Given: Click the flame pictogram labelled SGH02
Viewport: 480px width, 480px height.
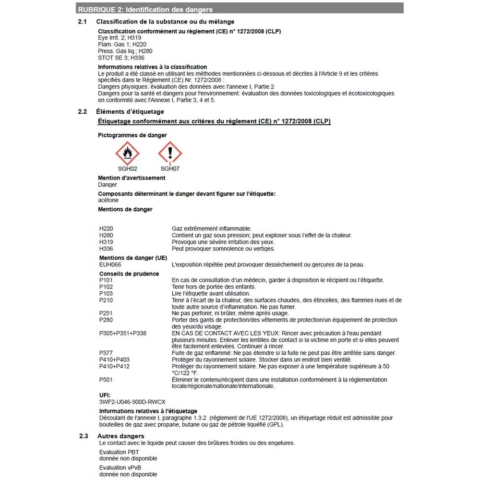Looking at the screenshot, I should coord(128,154).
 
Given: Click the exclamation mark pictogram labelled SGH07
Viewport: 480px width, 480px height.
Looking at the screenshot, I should coord(170,154).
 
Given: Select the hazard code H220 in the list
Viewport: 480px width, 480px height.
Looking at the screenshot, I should coord(106,228).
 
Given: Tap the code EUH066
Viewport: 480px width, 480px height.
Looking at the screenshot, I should coord(110,264).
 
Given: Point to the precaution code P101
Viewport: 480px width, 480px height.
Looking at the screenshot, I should coord(106,280).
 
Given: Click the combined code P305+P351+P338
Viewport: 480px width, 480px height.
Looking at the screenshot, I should coord(123,333).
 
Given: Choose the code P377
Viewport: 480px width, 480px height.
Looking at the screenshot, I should coord(106,353).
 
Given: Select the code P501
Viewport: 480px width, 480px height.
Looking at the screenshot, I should coord(106,380).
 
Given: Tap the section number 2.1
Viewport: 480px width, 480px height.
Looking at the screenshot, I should coord(83,22).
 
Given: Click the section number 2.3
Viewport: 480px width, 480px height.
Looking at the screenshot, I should coord(84,436).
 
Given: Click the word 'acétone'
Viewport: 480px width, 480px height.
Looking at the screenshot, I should coord(108,200).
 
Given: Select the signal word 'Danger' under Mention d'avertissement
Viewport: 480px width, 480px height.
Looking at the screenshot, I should coord(108,184).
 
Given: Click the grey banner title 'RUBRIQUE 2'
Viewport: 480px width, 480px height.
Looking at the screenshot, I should coord(145,10).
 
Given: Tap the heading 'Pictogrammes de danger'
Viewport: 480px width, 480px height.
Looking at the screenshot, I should coord(132,135).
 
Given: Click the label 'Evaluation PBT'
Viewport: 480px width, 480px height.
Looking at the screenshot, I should coord(120,452).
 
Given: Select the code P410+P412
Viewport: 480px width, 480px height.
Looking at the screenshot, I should coord(114,366).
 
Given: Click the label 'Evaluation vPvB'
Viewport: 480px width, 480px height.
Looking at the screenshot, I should coord(120,468).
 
